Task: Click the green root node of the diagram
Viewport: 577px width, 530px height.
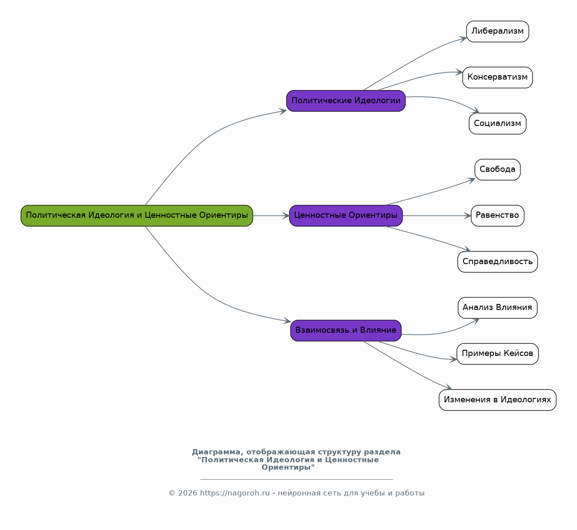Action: click(137, 216)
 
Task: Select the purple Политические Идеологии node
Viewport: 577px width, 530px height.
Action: click(346, 101)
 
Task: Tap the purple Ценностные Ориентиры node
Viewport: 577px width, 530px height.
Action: click(346, 216)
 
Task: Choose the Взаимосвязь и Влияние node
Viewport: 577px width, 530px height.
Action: click(346, 331)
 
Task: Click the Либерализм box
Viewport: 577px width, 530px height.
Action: click(497, 31)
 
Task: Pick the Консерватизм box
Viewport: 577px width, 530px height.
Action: click(497, 77)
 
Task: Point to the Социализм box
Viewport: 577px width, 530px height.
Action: click(497, 124)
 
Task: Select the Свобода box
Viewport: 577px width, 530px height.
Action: click(497, 170)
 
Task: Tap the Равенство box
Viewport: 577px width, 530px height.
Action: click(497, 216)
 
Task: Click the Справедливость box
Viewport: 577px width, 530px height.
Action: click(497, 262)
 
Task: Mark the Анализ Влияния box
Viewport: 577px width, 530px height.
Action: click(497, 308)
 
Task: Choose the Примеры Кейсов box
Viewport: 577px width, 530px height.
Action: click(497, 354)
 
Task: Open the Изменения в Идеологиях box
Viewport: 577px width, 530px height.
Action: click(497, 400)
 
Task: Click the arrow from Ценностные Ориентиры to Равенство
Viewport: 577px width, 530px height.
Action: click(437, 216)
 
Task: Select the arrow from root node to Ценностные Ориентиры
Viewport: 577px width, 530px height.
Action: click(271, 216)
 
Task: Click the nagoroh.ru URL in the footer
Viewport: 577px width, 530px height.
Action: click(235, 493)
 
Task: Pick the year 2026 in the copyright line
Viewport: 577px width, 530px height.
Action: click(187, 493)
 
